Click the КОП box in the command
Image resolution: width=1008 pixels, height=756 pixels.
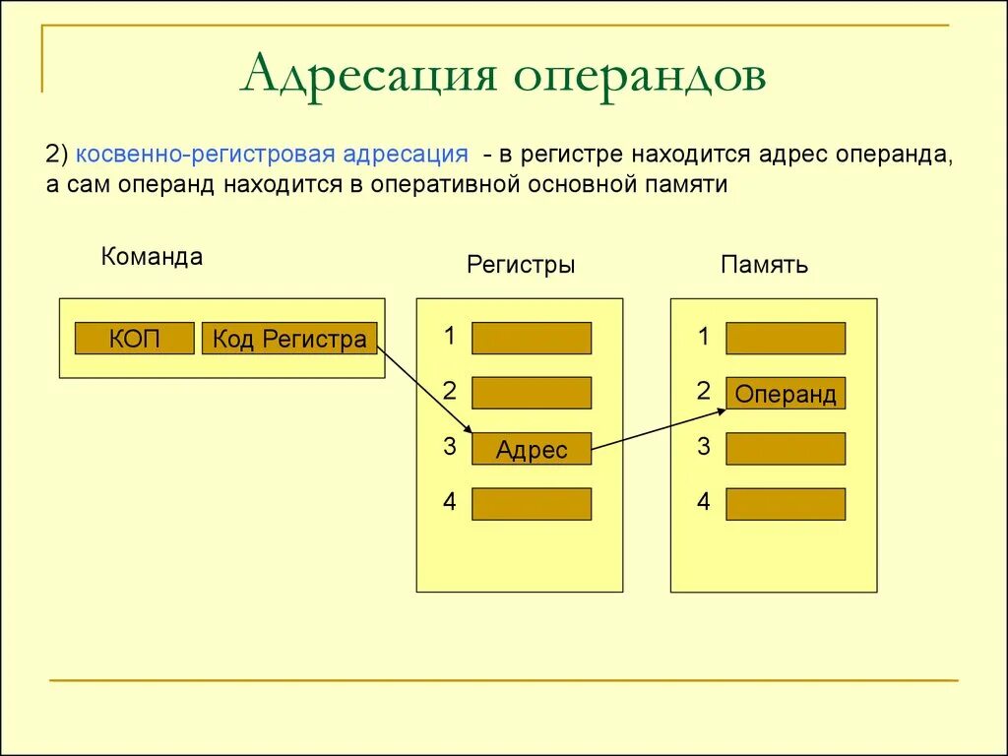click(135, 339)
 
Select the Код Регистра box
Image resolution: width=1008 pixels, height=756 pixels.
click(289, 339)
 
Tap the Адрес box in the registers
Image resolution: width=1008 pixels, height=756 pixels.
click(532, 449)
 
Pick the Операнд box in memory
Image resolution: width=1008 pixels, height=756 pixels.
click(786, 394)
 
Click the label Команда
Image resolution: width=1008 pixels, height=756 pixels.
click(152, 257)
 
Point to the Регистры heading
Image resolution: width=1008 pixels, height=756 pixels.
click(521, 265)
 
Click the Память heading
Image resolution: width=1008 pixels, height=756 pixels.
click(765, 265)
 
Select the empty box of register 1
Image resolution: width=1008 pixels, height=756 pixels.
click(532, 338)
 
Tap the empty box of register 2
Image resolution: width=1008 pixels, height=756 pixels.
click(532, 393)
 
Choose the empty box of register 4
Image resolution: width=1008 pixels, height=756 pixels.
click(532, 504)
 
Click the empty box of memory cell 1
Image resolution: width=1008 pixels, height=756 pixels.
click(786, 338)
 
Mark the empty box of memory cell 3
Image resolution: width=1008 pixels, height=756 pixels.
click(786, 449)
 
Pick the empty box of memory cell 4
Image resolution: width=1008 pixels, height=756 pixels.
click(786, 504)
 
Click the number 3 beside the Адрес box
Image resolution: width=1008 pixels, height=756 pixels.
click(450, 447)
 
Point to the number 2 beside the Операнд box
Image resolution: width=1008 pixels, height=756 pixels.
click(704, 392)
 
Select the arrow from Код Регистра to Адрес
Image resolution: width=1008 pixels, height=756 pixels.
click(425, 387)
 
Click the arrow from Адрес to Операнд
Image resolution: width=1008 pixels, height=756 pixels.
click(660, 429)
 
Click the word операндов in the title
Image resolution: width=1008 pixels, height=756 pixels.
click(639, 76)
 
